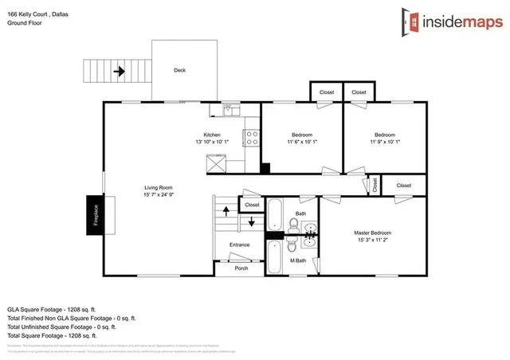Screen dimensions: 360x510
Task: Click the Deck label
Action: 180,70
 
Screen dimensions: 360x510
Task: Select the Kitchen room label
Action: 212,135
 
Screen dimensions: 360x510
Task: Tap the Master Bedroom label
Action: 373,233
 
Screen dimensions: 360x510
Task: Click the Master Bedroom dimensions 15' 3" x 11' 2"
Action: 373,240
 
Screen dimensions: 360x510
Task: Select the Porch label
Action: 241,268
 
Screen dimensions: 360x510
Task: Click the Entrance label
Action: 240,245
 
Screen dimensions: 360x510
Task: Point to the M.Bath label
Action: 298,261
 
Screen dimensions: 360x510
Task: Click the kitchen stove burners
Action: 252,138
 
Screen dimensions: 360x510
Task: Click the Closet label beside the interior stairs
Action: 252,205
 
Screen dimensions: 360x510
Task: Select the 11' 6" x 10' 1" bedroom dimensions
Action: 302,142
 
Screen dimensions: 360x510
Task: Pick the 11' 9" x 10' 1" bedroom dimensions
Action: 385,142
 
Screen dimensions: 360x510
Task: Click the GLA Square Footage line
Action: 52,307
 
